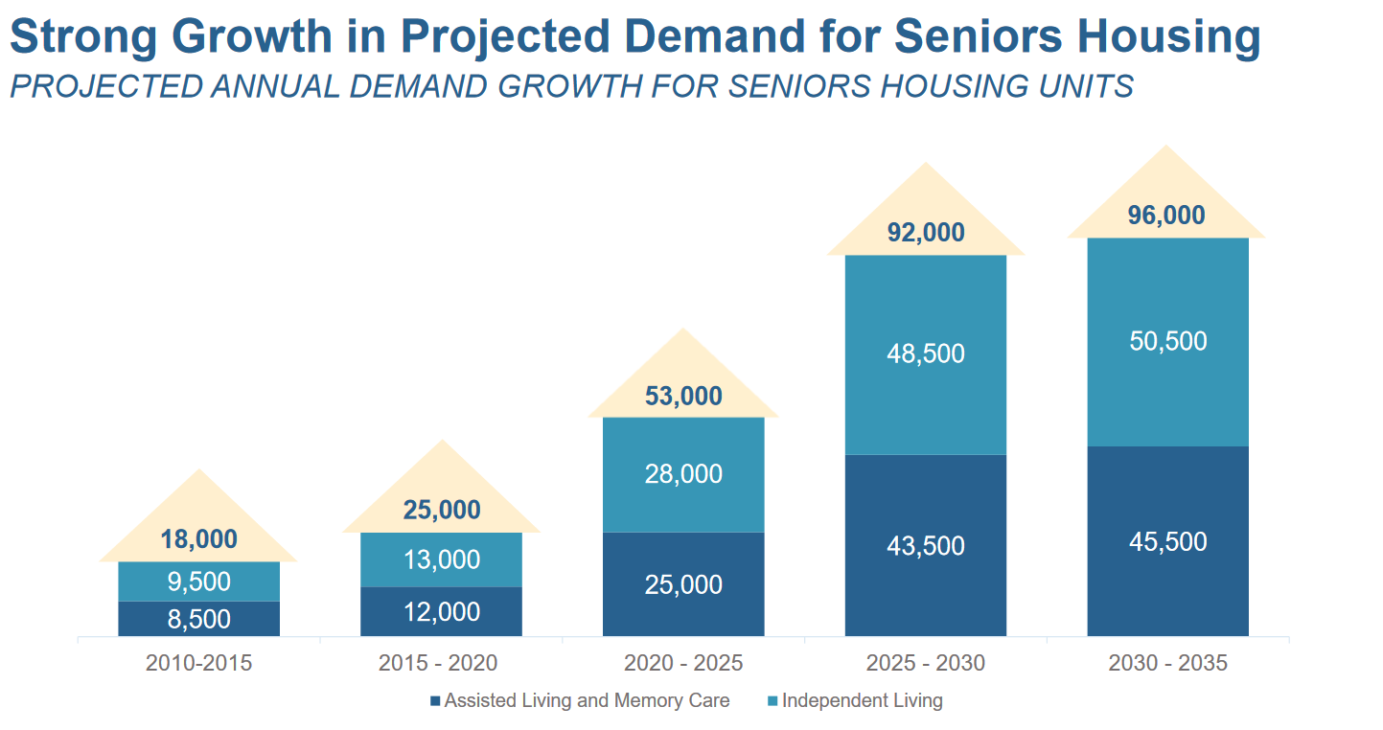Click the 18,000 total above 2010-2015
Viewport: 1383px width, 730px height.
point(198,539)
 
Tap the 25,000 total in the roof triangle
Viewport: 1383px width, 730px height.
point(441,511)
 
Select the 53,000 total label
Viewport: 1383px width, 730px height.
point(683,397)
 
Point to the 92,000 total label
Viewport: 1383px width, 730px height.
point(925,233)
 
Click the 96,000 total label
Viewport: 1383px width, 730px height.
point(1166,216)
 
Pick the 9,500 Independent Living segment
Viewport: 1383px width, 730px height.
point(198,582)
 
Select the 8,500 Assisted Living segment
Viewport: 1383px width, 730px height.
point(198,619)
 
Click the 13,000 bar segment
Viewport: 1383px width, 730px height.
point(441,559)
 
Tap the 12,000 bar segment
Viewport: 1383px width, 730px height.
point(441,611)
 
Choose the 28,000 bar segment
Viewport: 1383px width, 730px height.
point(683,474)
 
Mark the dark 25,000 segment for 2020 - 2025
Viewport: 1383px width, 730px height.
point(683,584)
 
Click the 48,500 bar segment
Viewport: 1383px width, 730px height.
point(925,354)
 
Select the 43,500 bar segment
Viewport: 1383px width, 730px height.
point(925,545)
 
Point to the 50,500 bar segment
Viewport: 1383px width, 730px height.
point(1166,341)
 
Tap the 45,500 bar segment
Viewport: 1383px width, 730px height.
point(1166,541)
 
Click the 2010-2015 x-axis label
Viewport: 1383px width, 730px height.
point(198,663)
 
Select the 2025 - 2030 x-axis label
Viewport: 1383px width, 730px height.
point(925,663)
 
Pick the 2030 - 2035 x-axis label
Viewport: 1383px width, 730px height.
point(1166,663)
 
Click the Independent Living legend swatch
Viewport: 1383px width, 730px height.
point(772,701)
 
